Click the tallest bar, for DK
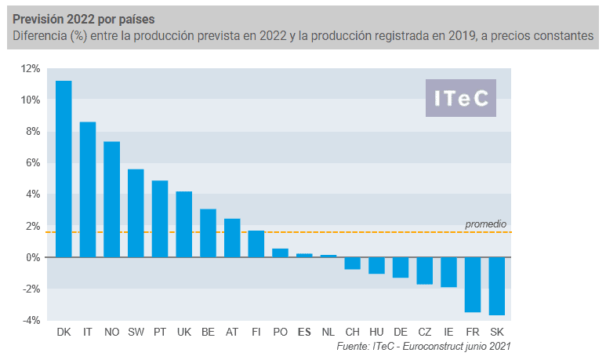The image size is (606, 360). click(64, 169)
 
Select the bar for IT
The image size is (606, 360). click(88, 190)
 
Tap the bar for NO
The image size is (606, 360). click(111, 199)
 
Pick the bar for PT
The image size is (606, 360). click(160, 219)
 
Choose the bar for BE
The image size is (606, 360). click(208, 233)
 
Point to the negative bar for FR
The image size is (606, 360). click(473, 285)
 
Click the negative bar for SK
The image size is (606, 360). click(496, 286)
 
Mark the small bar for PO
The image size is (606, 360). click(280, 253)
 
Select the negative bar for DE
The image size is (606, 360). click(401, 267)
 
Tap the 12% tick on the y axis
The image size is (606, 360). click(31, 69)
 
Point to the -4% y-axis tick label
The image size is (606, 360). click(31, 320)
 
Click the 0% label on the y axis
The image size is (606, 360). click(33, 257)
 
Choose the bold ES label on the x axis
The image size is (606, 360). click(304, 333)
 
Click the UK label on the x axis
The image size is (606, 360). click(184, 333)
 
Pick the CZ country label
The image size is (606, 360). click(425, 333)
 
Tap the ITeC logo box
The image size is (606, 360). click(461, 98)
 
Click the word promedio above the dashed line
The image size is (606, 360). click(485, 224)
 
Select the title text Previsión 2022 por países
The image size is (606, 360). click(83, 20)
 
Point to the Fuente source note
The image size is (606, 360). click(423, 346)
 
